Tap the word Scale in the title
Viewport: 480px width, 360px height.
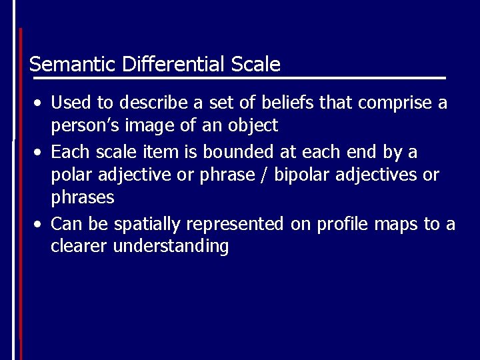coord(256,65)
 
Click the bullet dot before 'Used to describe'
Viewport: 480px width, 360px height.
coord(40,103)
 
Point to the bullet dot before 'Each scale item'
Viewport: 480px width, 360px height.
coord(40,153)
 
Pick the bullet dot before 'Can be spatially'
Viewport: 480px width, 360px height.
coord(40,223)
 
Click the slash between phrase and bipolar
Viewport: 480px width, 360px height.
coord(265,175)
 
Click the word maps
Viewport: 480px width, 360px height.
coord(397,224)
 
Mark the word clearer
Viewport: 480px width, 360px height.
coord(79,247)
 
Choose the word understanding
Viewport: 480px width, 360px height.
coord(171,247)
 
